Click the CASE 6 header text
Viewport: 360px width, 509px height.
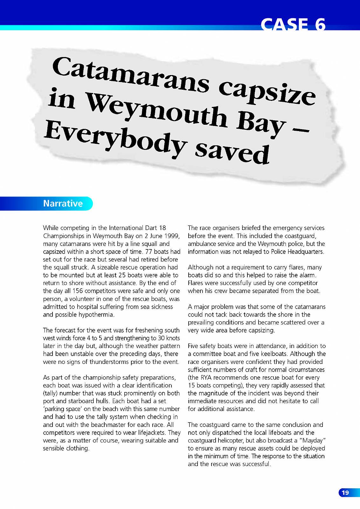click(293, 24)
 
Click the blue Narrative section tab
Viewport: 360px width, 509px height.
click(63, 203)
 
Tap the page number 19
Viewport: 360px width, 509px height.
click(345, 493)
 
